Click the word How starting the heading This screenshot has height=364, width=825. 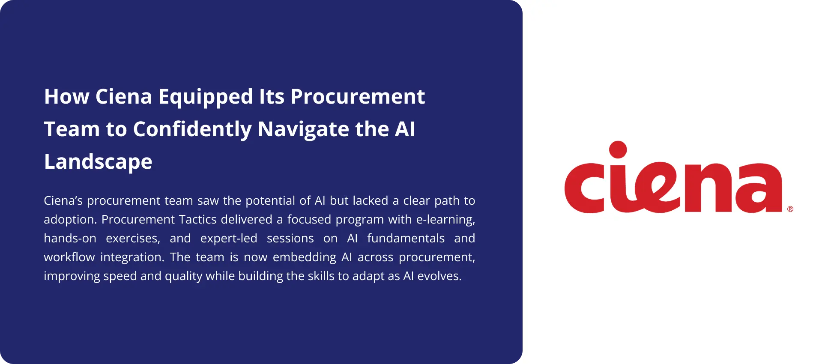[66, 97]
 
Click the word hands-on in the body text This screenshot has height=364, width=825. [70, 238]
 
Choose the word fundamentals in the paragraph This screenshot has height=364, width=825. [406, 238]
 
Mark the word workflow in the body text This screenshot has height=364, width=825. [69, 257]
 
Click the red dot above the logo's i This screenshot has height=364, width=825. [618, 150]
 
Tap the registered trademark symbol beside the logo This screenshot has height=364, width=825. [790, 209]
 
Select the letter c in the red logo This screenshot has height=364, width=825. [585, 188]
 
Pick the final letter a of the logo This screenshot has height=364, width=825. [757, 188]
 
